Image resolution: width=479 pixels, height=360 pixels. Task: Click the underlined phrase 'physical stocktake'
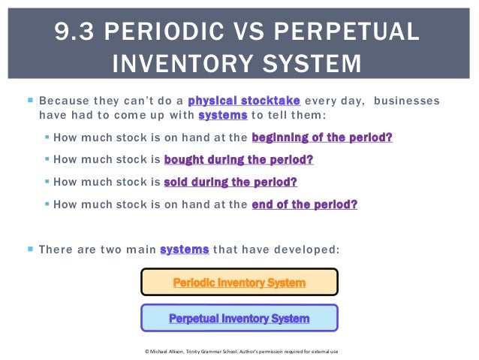pyautogui.click(x=245, y=101)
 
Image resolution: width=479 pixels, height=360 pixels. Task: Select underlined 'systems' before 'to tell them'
pyautogui.click(x=223, y=116)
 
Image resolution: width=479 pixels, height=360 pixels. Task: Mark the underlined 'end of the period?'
pyautogui.click(x=305, y=204)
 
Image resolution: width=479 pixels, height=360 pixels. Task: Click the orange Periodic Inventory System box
pyautogui.click(x=239, y=283)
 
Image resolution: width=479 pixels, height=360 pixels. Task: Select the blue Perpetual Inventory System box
pyautogui.click(x=239, y=318)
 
